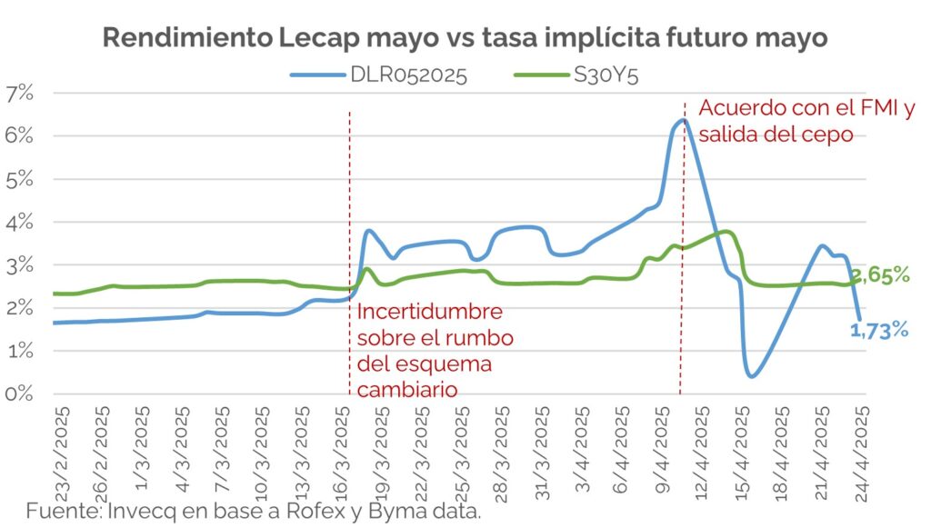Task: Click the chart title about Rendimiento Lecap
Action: pyautogui.click(x=465, y=37)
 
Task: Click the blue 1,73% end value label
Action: pyautogui.click(x=880, y=331)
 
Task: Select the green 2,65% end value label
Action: pyautogui.click(x=880, y=274)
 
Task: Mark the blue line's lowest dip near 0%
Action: pyautogui.click(x=751, y=375)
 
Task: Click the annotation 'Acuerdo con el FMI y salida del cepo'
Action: pyautogui.click(x=806, y=121)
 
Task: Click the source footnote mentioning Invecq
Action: pyautogui.click(x=253, y=511)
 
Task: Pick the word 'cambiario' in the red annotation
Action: pyautogui.click(x=406, y=390)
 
